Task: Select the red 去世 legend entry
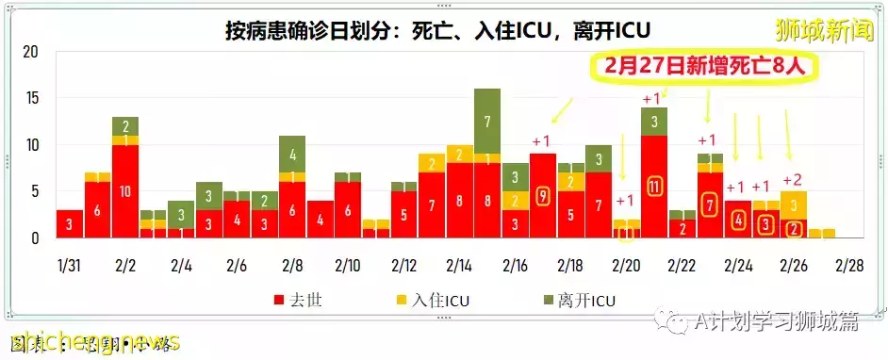[x=299, y=301]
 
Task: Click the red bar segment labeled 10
[x=125, y=191]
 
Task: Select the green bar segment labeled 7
[x=486, y=122]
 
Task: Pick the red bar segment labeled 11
[x=653, y=187]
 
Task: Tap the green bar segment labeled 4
[x=292, y=154]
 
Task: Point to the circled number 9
[x=542, y=196]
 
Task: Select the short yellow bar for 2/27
[x=820, y=233]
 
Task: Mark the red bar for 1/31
[x=70, y=224]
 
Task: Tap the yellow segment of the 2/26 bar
[x=793, y=205]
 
